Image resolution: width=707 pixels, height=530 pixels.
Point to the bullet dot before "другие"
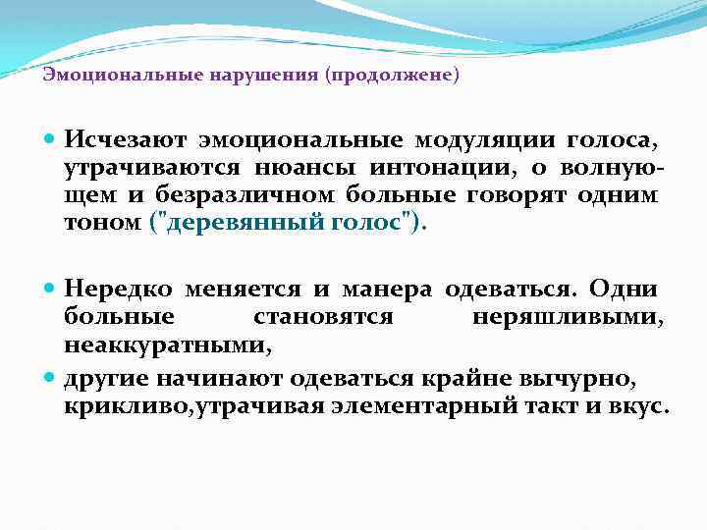51,377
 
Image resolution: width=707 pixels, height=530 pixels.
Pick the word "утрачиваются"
123,171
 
